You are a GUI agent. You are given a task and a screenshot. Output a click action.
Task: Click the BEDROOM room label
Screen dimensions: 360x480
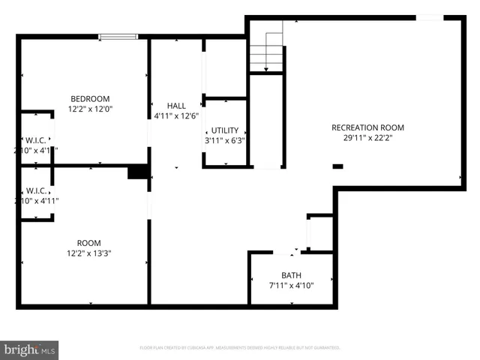pos(90,99)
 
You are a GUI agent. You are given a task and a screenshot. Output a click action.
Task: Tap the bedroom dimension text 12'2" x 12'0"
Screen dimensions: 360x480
pos(90,109)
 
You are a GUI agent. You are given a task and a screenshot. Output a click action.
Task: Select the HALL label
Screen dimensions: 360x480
pos(176,106)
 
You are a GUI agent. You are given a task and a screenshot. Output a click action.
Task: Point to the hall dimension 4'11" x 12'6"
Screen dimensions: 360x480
pos(176,115)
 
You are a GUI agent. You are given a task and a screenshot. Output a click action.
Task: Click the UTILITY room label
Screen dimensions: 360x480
pos(225,130)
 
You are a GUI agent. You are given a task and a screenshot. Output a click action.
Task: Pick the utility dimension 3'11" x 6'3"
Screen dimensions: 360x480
pos(225,140)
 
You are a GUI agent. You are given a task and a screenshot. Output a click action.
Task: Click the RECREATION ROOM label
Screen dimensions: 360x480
pos(367,127)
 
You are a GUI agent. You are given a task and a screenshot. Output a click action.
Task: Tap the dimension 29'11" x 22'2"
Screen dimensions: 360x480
pos(367,137)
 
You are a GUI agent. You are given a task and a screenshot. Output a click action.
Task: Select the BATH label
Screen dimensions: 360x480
pos(292,275)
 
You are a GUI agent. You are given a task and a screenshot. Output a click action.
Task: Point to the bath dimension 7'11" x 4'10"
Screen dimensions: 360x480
pos(292,285)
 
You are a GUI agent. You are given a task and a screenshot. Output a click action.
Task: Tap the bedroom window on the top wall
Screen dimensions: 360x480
pos(118,36)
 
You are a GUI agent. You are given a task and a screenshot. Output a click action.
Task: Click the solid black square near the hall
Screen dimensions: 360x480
pos(138,172)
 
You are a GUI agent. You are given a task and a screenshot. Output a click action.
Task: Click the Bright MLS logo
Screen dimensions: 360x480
pos(31,349)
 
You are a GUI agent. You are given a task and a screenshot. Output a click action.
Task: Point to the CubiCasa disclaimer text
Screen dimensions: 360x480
pos(240,348)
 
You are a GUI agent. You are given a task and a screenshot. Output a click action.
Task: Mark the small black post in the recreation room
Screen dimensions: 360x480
pos(337,166)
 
